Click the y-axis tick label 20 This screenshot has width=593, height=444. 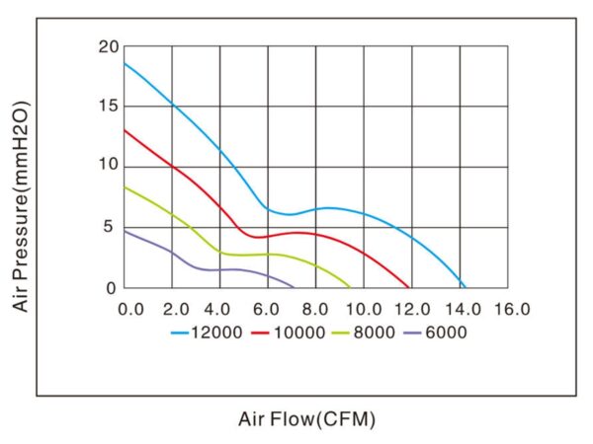coord(108,46)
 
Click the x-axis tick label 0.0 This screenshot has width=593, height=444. coord(129,309)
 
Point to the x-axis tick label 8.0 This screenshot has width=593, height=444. coord(316,309)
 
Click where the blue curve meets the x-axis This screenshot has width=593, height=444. coord(465,287)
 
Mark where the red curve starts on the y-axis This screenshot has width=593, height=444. coord(125,129)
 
